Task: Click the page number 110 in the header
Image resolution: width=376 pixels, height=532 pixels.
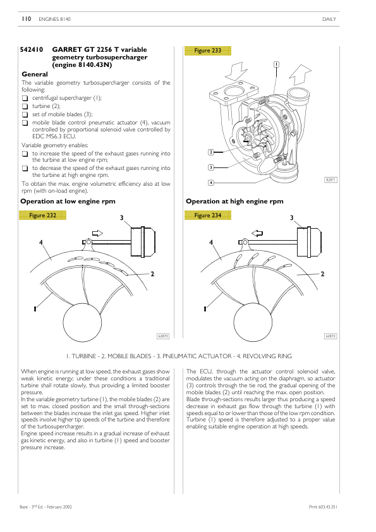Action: (x=26, y=19)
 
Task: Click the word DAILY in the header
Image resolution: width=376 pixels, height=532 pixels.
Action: (x=329, y=20)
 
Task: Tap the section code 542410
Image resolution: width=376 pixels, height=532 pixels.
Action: (x=32, y=49)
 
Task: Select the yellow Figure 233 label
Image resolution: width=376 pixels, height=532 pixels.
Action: (x=208, y=51)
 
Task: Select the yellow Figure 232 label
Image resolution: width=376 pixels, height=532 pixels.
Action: (x=42, y=215)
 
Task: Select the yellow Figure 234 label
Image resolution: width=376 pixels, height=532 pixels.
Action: (x=208, y=215)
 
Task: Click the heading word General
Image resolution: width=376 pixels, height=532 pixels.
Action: (x=35, y=75)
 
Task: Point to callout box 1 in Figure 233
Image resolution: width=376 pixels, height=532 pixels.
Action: (x=277, y=64)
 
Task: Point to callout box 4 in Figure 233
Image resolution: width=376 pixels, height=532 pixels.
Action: (x=210, y=183)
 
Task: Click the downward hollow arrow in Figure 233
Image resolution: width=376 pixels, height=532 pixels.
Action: (x=238, y=71)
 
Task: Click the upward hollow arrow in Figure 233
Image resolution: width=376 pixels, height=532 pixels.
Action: (x=300, y=75)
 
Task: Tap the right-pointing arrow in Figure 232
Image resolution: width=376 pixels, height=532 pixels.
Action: (x=98, y=233)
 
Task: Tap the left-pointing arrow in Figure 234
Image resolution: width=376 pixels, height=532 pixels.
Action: (x=257, y=233)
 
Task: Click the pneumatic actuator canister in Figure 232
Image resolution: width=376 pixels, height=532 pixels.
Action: (x=143, y=241)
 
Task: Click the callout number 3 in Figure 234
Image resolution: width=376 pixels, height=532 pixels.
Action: (x=291, y=218)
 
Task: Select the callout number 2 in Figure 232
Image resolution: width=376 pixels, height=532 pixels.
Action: (x=152, y=274)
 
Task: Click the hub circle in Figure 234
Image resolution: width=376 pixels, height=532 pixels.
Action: (x=253, y=322)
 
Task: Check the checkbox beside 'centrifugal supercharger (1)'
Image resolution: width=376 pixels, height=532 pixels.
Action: (x=25, y=99)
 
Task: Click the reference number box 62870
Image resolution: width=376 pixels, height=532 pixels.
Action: (x=163, y=336)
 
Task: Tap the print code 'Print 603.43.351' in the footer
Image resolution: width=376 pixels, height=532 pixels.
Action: (x=323, y=507)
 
